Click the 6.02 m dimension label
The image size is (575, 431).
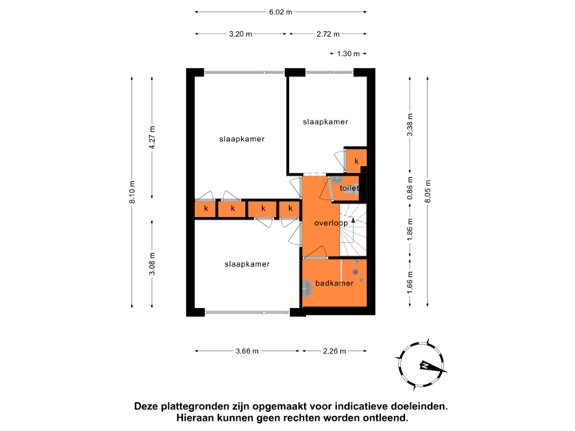280,12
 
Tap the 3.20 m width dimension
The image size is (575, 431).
240,34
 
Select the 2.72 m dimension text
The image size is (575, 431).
328,34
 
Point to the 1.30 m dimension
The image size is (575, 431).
348,54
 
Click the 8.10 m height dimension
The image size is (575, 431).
133,192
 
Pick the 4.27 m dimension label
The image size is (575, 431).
153,137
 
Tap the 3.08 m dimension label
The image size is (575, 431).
153,264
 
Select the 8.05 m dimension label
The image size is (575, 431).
428,192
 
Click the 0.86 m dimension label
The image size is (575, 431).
410,188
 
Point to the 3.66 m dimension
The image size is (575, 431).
247,351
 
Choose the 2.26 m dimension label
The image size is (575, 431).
335,351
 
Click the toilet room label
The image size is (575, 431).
349,188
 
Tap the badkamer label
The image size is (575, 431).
335,283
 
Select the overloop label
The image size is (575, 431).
331,223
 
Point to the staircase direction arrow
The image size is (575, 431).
353,220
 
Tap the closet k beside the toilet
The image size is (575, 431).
356,161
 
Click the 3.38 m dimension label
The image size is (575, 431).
410,125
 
